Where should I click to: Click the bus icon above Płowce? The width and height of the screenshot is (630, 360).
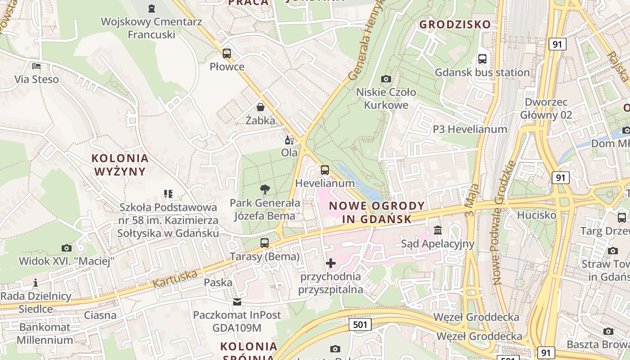pyautogui.click(x=227, y=54)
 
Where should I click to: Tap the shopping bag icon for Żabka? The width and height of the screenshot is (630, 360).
pyautogui.click(x=261, y=107)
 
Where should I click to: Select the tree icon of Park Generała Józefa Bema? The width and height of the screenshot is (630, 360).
pyautogui.click(x=265, y=189)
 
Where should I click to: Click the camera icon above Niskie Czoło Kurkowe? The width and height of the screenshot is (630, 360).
pyautogui.click(x=386, y=79)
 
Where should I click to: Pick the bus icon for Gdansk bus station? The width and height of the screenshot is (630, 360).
pyautogui.click(x=482, y=59)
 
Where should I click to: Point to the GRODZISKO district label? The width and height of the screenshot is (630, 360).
pyautogui.click(x=455, y=24)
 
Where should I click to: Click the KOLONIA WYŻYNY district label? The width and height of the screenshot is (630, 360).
pyautogui.click(x=120, y=165)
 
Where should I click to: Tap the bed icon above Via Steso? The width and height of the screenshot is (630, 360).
pyautogui.click(x=36, y=66)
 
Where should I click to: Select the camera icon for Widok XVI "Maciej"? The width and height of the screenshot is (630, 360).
pyautogui.click(x=67, y=248)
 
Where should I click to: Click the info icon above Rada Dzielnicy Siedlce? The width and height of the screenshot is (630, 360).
pyautogui.click(x=36, y=283)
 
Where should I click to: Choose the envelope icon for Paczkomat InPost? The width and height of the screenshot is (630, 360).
pyautogui.click(x=237, y=301)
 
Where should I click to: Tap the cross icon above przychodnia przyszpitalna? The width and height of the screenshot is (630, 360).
pyautogui.click(x=331, y=263)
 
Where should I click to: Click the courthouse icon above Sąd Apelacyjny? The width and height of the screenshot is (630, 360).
pyautogui.click(x=437, y=231)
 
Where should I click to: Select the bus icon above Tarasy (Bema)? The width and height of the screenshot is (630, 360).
pyautogui.click(x=265, y=243)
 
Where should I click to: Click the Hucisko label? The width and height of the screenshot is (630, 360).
pyautogui.click(x=536, y=215)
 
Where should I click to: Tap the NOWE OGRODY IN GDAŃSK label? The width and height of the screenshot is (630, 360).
pyautogui.click(x=370, y=212)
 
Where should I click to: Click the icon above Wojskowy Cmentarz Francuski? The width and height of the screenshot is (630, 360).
pyautogui.click(x=151, y=8)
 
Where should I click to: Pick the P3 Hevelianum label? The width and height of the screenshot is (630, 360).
pyautogui.click(x=470, y=129)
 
